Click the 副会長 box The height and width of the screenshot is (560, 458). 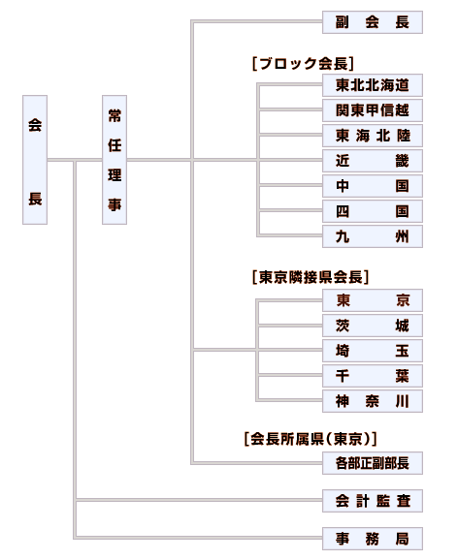point(373,22)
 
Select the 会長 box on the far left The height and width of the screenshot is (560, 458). point(35,160)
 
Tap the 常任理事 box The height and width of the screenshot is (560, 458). point(114,160)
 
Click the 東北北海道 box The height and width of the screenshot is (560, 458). point(373,85)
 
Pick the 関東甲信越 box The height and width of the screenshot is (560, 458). point(373,110)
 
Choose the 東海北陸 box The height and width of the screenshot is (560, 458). point(373,136)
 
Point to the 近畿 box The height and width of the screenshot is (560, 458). point(373,161)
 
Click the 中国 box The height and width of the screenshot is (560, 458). point(373,186)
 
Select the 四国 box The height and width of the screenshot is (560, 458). point(373,211)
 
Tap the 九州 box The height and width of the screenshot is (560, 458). point(373,236)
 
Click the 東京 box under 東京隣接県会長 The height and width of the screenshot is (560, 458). point(373,300)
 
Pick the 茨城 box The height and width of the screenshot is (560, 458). point(373,326)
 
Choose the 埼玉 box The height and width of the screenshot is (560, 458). point(373,351)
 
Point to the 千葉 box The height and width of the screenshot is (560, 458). point(373,376)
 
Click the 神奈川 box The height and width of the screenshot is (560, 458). point(373,401)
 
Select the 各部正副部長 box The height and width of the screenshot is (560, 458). point(373,463)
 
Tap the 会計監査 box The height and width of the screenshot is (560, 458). point(373,501)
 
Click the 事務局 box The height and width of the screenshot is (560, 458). point(373,539)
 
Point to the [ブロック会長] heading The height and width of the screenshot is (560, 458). point(303,64)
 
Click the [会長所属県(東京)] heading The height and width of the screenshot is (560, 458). point(311,439)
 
